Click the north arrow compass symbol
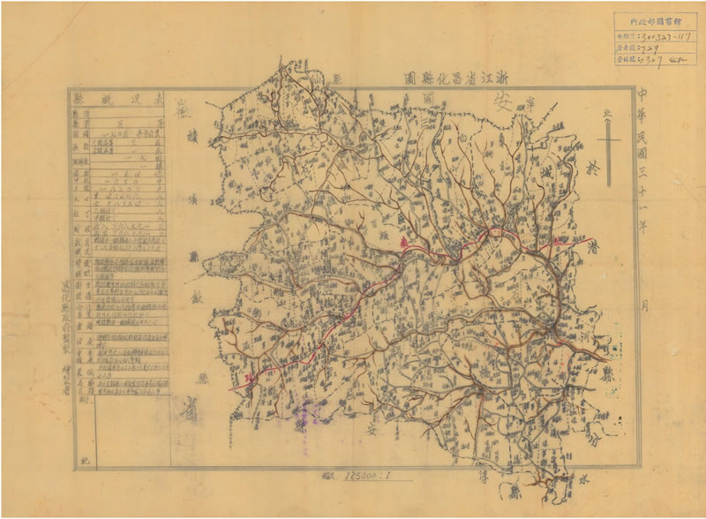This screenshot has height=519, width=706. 606,140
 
